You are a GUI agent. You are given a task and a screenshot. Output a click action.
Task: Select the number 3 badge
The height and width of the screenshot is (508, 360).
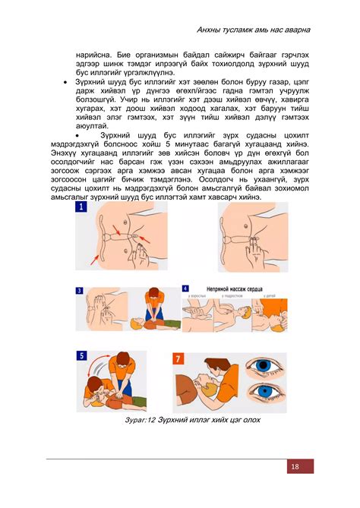pos(79,289)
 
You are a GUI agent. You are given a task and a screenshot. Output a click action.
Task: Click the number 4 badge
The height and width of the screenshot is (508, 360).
pos(185,289)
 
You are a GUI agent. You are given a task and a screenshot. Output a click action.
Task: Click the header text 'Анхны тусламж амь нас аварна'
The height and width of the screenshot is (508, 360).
pos(253,30)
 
